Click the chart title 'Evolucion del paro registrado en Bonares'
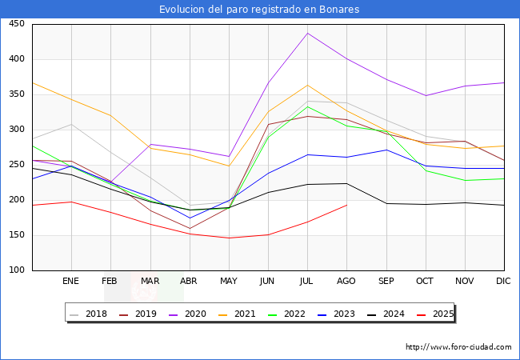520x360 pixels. pyautogui.click(x=259, y=10)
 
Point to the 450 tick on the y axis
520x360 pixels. pyautogui.click(x=16, y=24)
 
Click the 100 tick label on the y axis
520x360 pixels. pyautogui.click(x=16, y=270)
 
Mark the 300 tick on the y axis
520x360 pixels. pyautogui.click(x=16, y=130)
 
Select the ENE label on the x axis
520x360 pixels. pyautogui.click(x=71, y=282)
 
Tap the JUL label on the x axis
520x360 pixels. pyautogui.click(x=307, y=282)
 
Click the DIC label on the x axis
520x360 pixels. pyautogui.click(x=503, y=282)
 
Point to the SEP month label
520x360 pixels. pyautogui.click(x=386, y=282)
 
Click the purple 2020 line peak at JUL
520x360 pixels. pyautogui.click(x=307, y=33)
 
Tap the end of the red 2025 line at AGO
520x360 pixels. pyautogui.click(x=346, y=205)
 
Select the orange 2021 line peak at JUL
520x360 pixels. pyautogui.click(x=307, y=85)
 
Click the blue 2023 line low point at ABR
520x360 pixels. pyautogui.click(x=190, y=218)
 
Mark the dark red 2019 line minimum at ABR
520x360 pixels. pyautogui.click(x=190, y=228)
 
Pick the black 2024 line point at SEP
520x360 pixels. pyautogui.click(x=386, y=203)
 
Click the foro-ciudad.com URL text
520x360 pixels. pyautogui.click(x=458, y=347)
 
